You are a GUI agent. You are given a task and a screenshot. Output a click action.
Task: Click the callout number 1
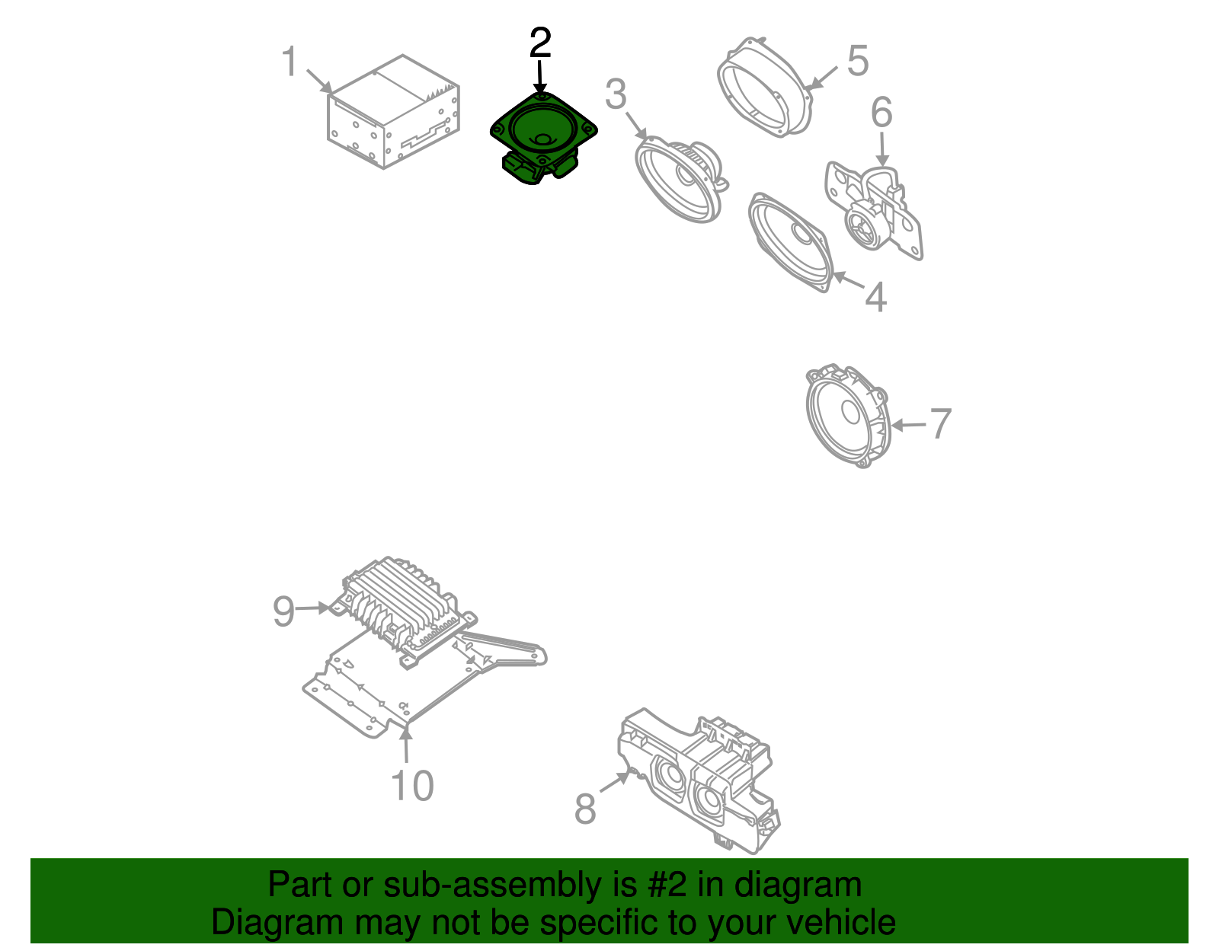(290, 62)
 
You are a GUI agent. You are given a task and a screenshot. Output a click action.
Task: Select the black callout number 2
(539, 43)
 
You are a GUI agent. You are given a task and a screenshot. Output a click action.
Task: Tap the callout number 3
(616, 95)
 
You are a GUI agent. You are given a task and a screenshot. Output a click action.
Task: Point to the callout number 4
(876, 297)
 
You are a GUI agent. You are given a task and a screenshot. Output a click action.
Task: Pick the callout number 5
(858, 61)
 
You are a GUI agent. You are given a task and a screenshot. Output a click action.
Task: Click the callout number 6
(881, 113)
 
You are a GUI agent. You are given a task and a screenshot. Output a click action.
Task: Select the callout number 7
(941, 424)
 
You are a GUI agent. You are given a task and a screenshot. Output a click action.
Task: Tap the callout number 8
(584, 809)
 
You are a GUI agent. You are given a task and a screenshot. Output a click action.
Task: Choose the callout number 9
(283, 611)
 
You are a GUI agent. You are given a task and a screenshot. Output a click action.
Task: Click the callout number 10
(412, 786)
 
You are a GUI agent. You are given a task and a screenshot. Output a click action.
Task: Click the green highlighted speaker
(541, 133)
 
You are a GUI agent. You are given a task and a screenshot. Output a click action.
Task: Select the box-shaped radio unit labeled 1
(392, 114)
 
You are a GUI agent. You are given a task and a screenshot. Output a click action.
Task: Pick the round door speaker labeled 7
(848, 415)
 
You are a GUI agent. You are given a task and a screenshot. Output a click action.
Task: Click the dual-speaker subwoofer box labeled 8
(697, 780)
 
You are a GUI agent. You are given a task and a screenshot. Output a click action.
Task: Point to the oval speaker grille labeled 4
(791, 241)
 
